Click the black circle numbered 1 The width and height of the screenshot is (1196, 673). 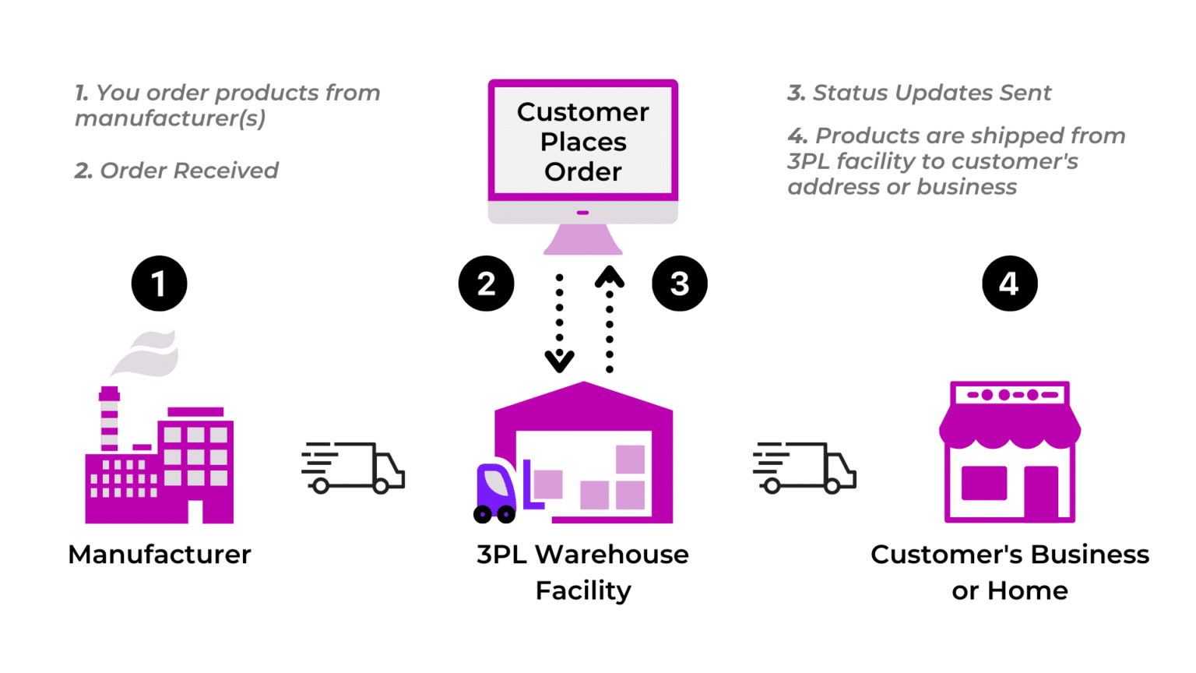click(159, 284)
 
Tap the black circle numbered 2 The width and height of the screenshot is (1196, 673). click(486, 284)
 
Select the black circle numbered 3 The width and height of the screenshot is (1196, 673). click(679, 284)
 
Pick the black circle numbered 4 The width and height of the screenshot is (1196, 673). click(1009, 284)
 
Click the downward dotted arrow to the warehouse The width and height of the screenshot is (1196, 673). click(559, 323)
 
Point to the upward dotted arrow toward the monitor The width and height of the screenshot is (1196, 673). click(610, 319)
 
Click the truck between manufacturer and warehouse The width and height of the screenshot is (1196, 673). click(354, 468)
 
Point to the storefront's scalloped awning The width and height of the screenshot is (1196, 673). click(1009, 428)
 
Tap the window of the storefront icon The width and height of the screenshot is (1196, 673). click(984, 483)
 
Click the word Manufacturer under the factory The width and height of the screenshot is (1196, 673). click(160, 555)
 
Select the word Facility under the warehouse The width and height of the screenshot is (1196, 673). click(583, 591)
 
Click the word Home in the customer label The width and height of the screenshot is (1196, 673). click(1028, 591)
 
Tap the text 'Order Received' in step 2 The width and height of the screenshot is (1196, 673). click(188, 171)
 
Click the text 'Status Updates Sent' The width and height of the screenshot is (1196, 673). click(931, 93)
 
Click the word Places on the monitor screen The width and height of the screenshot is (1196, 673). click(583, 142)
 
